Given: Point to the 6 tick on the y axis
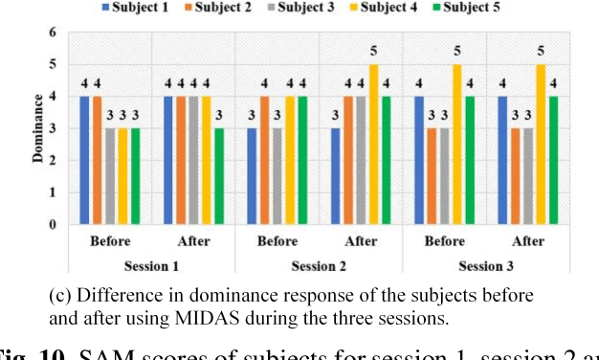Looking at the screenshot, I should [54, 33].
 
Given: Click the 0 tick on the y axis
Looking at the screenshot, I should [54, 225].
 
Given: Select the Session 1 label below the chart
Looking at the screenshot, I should [153, 264].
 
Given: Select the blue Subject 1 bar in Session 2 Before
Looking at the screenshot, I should [252, 176].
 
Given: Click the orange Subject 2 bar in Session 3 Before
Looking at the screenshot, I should [432, 176].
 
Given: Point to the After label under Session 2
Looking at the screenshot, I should [362, 241].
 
